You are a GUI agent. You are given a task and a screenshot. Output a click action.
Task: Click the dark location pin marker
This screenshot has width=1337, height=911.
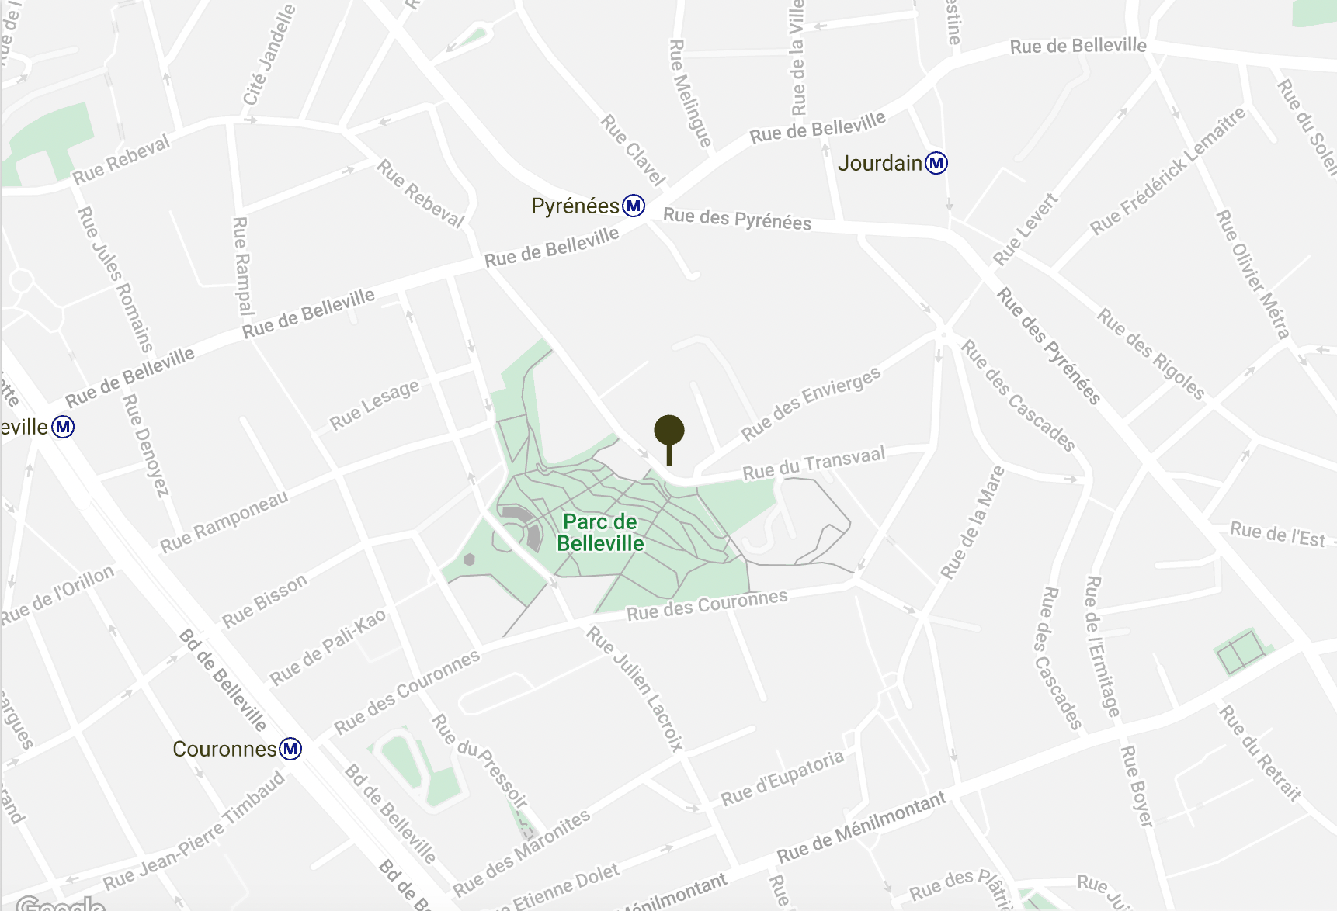(669, 432)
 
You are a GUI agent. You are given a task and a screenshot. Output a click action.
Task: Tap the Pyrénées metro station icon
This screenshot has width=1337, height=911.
(634, 206)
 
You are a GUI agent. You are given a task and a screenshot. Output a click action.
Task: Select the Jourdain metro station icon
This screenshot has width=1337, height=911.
(937, 163)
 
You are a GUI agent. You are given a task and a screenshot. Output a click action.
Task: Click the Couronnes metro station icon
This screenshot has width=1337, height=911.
(290, 749)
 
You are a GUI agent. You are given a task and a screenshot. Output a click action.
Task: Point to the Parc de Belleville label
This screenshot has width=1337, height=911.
(600, 532)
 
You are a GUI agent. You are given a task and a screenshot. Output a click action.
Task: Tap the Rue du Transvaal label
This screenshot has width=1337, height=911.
(814, 463)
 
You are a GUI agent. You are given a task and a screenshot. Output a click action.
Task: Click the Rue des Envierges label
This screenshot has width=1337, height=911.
(811, 403)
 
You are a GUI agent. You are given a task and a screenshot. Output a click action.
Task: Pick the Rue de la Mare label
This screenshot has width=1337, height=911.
(973, 523)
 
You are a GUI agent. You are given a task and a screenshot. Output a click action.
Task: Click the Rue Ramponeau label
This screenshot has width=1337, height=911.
(224, 522)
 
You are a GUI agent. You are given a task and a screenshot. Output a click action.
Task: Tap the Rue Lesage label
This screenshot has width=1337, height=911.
(374, 405)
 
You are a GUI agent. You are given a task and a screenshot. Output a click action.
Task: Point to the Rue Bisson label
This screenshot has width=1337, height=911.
(265, 601)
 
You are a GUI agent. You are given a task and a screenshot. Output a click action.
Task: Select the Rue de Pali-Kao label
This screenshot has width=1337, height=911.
(328, 647)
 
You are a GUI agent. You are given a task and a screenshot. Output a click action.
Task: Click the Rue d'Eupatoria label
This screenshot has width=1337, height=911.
(782, 778)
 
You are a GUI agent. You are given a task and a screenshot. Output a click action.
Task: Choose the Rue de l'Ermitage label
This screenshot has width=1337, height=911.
(1102, 646)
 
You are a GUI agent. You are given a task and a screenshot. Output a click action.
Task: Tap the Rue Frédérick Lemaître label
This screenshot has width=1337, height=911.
(1168, 171)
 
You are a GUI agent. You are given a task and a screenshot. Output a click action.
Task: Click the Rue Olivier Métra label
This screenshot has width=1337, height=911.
(1252, 274)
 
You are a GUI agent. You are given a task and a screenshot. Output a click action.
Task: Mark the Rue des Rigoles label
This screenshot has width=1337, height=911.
(1151, 353)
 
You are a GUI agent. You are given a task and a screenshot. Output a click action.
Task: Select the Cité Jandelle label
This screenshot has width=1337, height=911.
(269, 54)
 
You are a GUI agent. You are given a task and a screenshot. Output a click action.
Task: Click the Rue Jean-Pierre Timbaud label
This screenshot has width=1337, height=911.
(195, 831)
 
